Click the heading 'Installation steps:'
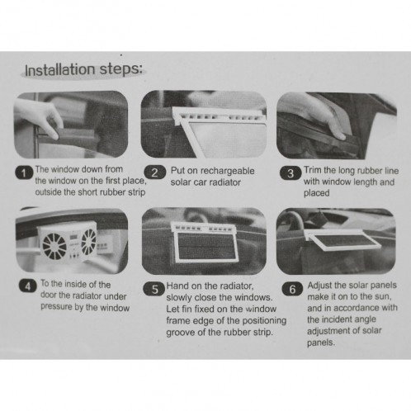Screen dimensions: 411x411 (84, 70)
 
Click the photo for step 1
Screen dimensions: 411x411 (72, 124)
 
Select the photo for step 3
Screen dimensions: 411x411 (333, 124)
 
